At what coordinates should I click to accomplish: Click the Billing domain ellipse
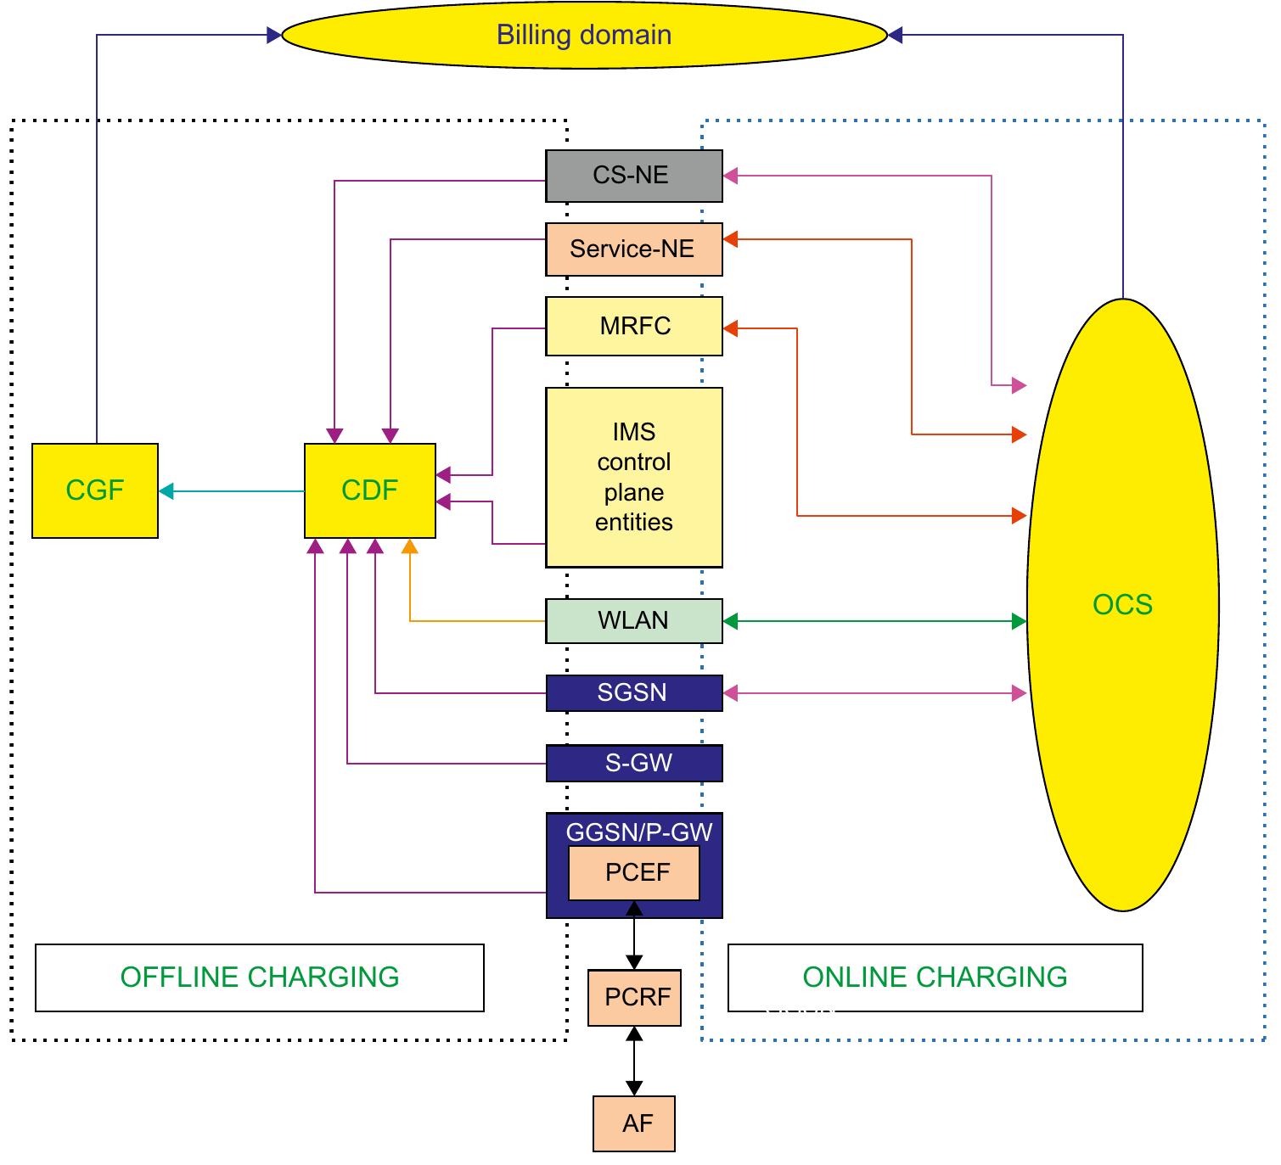tap(584, 35)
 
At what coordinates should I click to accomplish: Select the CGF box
tap(95, 490)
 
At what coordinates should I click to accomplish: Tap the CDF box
tap(370, 490)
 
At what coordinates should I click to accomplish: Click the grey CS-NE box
tap(633, 176)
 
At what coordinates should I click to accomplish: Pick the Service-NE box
tap(633, 249)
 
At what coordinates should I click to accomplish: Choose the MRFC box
tap(633, 326)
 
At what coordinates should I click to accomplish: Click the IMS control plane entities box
tap(633, 477)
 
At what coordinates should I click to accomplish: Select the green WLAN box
tap(633, 620)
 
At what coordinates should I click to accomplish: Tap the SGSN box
tap(633, 692)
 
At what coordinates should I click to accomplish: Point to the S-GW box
tap(633, 763)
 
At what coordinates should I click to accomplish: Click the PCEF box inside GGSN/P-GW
tap(634, 872)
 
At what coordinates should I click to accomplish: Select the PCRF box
tap(635, 997)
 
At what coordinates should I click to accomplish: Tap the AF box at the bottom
tap(634, 1123)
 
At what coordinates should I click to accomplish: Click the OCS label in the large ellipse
tap(1122, 604)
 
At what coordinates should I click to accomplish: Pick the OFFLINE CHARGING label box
tap(260, 977)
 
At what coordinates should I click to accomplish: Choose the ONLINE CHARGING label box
tap(935, 977)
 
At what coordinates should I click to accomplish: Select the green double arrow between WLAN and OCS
tap(874, 622)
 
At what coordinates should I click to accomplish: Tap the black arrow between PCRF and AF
tap(634, 1061)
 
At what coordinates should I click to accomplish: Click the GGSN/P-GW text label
tap(638, 832)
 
